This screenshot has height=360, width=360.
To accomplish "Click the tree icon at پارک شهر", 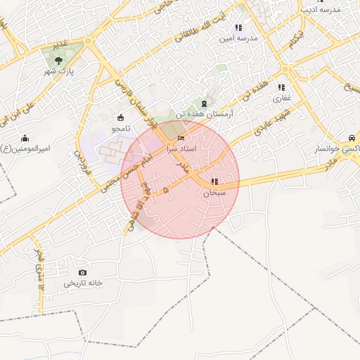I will (58, 61).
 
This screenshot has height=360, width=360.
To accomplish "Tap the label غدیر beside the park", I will (62, 44).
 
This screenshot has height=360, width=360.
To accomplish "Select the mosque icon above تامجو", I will (117, 117).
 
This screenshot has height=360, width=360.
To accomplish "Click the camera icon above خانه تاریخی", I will (83, 272).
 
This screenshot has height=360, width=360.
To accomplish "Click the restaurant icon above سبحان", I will (214, 182).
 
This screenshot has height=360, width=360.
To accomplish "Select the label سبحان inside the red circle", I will (214, 193).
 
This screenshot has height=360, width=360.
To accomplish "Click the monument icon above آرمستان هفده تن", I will (204, 103).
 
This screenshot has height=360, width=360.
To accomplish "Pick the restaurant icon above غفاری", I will (281, 87).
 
